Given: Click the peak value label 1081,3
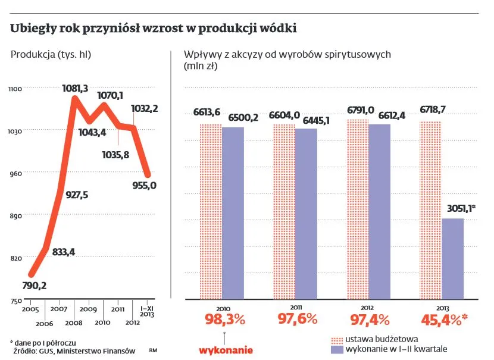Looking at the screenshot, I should (75, 89).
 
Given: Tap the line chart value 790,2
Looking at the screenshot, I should (34, 286).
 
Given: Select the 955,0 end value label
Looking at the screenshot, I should (145, 185).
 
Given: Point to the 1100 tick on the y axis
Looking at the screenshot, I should (15, 89).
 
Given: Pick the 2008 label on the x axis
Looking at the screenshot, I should (73, 322).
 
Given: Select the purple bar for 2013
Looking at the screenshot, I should (452, 259).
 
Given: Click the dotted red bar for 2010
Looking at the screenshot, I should (211, 211).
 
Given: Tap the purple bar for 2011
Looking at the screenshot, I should (306, 214).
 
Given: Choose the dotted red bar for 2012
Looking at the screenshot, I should (357, 209).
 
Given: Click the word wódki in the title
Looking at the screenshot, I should (277, 29).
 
